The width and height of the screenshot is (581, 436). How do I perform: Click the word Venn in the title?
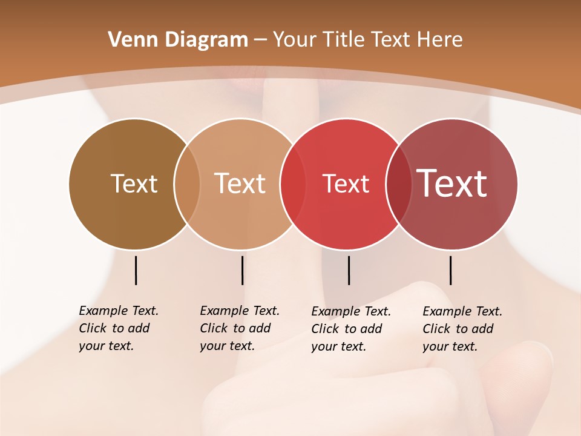[x=128, y=40]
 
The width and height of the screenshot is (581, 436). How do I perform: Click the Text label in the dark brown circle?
[x=134, y=183]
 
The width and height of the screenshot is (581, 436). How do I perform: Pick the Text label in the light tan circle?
[x=240, y=183]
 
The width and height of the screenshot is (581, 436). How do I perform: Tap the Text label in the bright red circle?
[x=346, y=183]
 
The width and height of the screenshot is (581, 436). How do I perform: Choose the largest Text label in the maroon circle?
[x=452, y=183]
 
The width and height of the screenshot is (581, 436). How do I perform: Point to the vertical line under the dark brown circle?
[x=136, y=270]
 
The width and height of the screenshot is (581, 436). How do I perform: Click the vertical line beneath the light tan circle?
[x=242, y=270]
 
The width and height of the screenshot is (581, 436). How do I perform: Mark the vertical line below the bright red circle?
[x=349, y=270]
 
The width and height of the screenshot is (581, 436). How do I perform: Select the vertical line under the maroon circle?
[x=450, y=270]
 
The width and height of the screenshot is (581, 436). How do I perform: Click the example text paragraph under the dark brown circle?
[x=118, y=328]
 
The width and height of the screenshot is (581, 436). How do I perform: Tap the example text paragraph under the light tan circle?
[x=239, y=328]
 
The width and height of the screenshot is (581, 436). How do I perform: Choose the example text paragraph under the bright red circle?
[x=350, y=329]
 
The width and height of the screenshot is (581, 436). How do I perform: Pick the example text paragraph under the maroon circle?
[x=462, y=329]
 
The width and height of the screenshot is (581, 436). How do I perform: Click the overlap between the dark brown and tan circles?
[x=187, y=183]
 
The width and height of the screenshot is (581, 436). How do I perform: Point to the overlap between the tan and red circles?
[x=293, y=183]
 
